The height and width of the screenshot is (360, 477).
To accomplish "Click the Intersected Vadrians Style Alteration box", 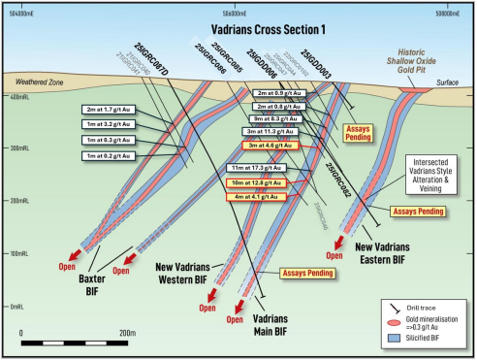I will coord(426,172).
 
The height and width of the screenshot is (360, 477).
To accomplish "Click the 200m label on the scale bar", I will coord(127,332).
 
